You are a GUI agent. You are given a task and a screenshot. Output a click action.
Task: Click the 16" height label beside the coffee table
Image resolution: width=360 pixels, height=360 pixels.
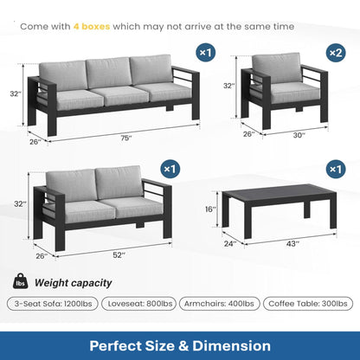209,209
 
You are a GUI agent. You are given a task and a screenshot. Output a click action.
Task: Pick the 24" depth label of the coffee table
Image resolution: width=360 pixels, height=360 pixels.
231,244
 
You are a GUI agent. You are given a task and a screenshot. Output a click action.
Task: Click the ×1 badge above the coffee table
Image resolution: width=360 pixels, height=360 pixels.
333,168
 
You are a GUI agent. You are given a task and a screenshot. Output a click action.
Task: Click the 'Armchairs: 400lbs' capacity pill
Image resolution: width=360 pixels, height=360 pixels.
221,304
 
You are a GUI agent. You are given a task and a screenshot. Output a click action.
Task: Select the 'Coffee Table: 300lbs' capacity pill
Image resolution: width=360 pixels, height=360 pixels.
307,304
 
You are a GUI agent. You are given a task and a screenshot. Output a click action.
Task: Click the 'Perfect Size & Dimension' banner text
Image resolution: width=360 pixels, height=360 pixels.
180,345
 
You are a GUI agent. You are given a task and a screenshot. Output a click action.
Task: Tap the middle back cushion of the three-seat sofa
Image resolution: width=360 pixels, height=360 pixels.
107,72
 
